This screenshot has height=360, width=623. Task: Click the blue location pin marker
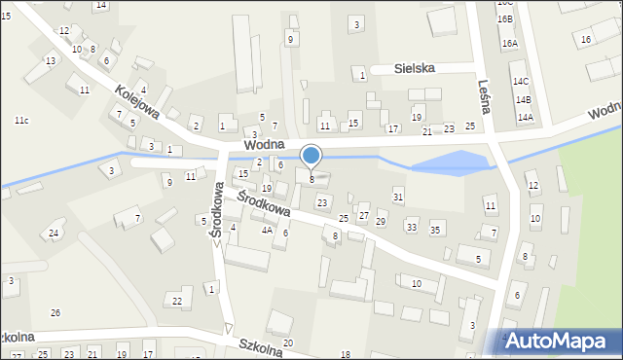(311, 156)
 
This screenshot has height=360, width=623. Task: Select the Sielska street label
(427, 69)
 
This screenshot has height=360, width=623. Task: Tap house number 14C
(522, 82)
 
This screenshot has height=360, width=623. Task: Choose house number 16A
(509, 44)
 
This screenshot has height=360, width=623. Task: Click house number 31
(398, 198)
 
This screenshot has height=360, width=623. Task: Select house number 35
(435, 230)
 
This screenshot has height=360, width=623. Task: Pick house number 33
(412, 228)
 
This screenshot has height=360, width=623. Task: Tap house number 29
(381, 223)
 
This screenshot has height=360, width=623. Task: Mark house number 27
(364, 215)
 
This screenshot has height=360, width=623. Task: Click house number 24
(54, 234)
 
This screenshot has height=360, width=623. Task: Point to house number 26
(55, 312)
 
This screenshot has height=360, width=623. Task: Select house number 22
(176, 301)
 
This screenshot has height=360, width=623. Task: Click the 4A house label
(267, 231)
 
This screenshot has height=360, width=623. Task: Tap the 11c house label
(21, 120)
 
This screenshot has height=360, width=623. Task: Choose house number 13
(51, 61)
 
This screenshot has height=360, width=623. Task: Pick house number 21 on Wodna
(426, 131)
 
